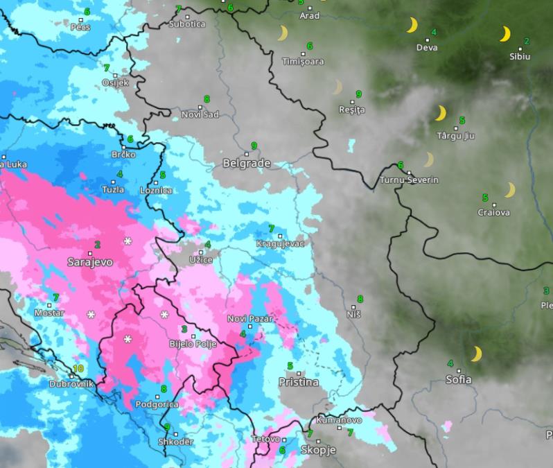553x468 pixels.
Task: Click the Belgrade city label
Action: [247, 164]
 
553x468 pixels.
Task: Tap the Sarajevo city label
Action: [89, 262]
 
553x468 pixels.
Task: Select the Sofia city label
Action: [459, 379]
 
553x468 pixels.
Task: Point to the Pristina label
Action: [299, 382]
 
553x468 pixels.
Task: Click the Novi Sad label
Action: [200, 114]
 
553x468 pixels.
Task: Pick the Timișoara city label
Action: [304, 62]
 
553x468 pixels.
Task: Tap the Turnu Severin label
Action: [409, 180]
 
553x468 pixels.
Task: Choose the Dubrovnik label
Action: [71, 383]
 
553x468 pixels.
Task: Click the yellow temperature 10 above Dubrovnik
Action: [78, 368]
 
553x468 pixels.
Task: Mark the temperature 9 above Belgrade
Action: [254, 145]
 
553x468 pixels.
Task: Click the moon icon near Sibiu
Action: [505, 34]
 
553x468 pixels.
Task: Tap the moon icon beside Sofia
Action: [476, 354]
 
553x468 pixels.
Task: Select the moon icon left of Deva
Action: [412, 26]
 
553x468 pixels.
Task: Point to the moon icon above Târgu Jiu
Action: [440, 113]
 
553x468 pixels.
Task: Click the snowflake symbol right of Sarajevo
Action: [128, 241]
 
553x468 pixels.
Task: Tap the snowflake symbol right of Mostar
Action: [91, 315]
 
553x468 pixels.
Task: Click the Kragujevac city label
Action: [279, 244]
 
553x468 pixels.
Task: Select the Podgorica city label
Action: [157, 404]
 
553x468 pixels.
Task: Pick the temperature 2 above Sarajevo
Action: [97, 245]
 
